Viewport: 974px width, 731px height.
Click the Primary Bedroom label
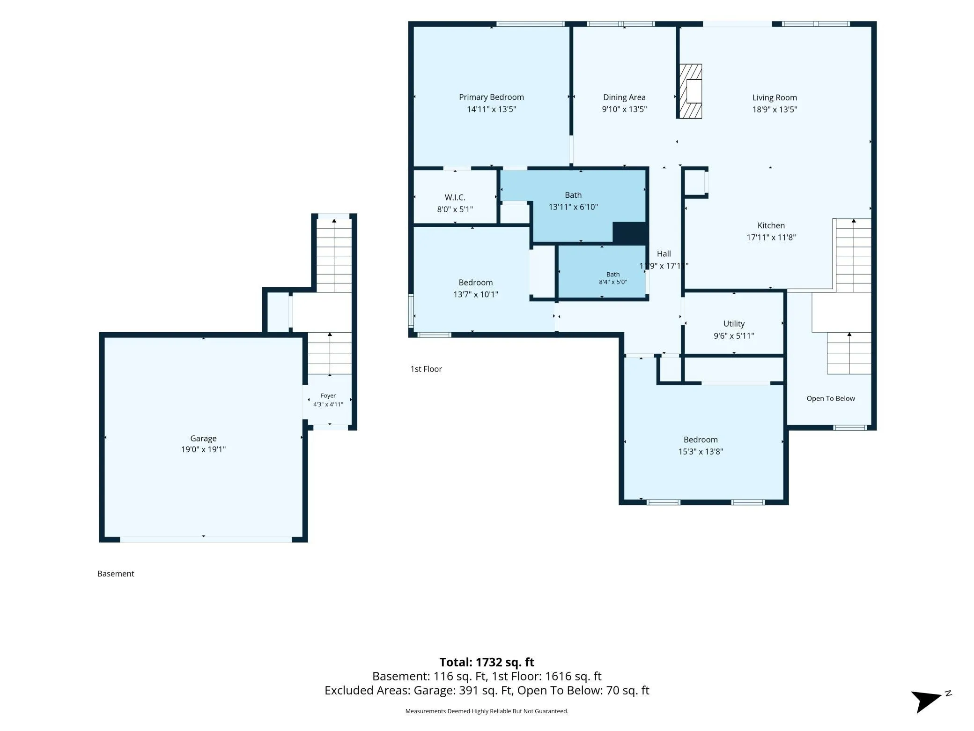pos(491,97)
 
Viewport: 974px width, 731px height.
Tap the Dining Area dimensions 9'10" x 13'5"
pos(624,109)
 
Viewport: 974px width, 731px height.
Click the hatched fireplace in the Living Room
pos(691,91)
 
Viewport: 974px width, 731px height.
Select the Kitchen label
pos(771,225)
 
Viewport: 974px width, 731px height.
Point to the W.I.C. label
pos(455,197)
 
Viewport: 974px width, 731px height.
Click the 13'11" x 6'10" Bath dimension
pos(573,207)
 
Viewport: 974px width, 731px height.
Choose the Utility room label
pos(734,324)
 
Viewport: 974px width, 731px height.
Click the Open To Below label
pos(831,398)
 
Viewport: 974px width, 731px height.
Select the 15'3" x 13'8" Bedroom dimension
pos(701,452)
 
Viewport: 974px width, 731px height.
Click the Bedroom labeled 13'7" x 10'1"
pos(475,283)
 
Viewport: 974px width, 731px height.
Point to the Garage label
pos(203,439)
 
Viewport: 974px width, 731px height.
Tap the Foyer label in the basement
pos(328,396)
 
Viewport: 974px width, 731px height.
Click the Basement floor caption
pos(116,574)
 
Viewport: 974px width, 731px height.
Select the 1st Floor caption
pos(426,369)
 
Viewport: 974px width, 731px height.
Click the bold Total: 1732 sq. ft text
pos(487,662)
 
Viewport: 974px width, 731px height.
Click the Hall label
pos(664,254)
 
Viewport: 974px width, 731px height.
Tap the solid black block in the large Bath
pos(630,233)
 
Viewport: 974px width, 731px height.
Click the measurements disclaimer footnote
pos(487,711)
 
